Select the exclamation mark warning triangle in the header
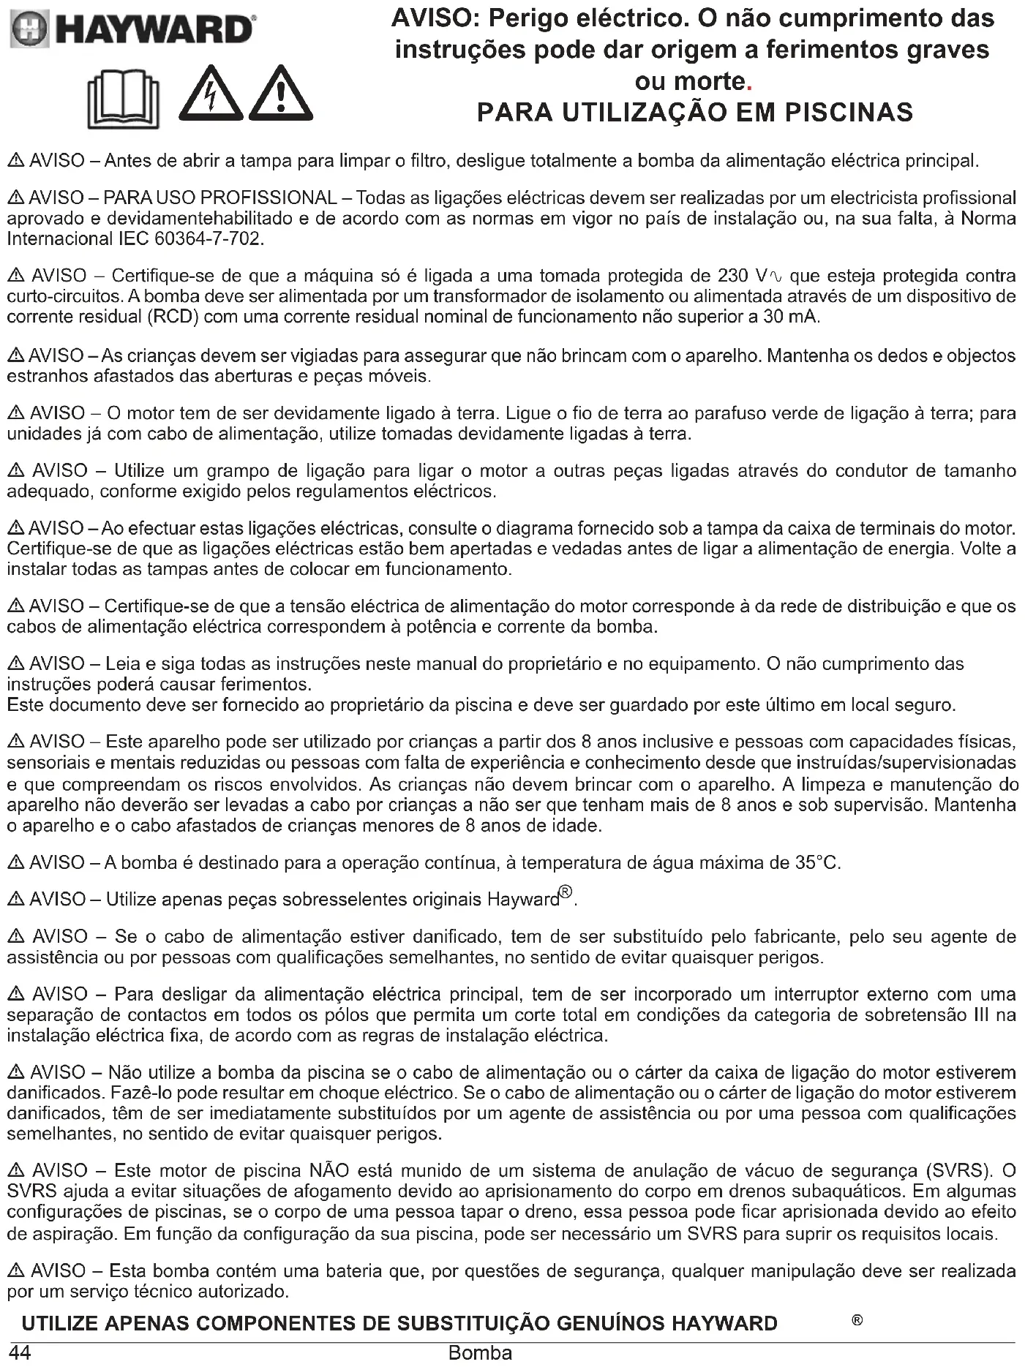pos(281,95)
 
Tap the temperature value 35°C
pos(816,863)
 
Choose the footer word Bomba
pos(480,1353)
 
